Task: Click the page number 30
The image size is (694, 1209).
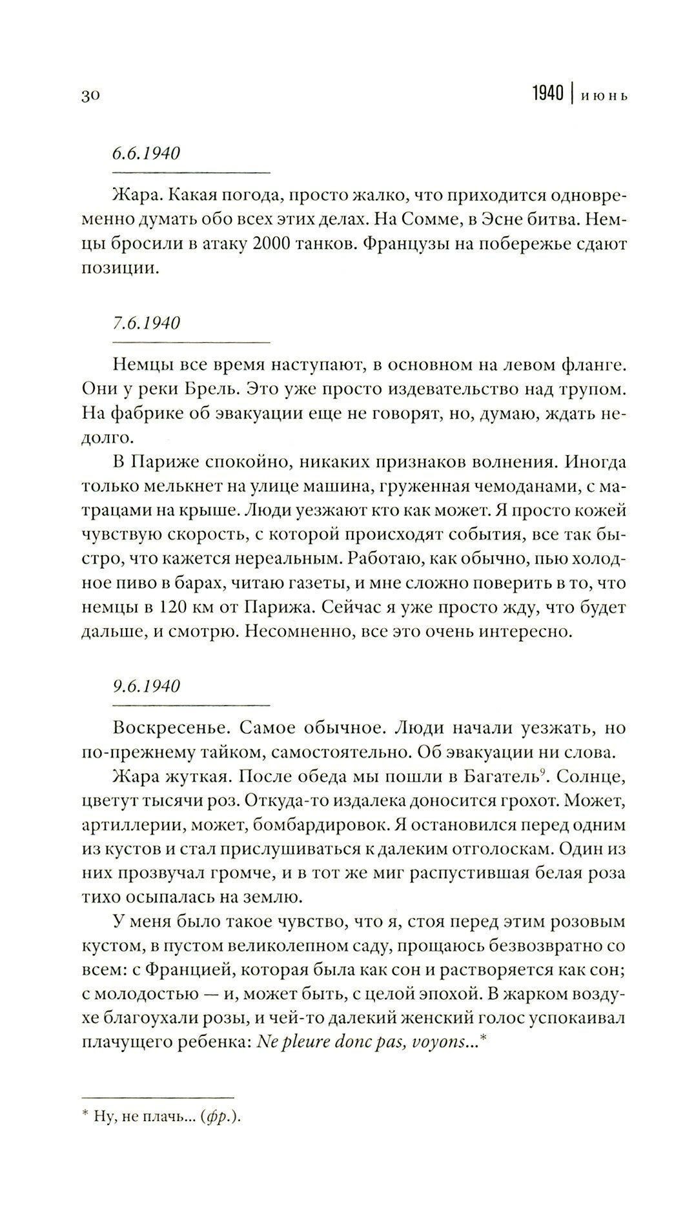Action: pos(89,96)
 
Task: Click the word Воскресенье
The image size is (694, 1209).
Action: pos(169,727)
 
